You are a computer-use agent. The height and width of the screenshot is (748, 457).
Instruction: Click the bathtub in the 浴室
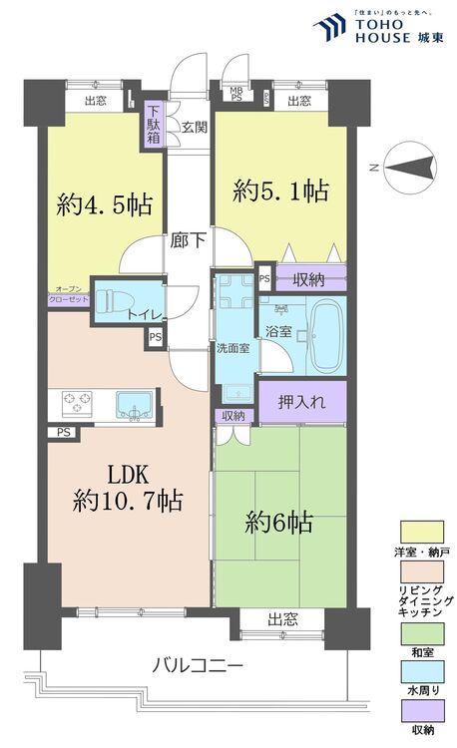point(326,336)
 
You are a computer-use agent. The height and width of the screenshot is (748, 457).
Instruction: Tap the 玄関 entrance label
point(195,128)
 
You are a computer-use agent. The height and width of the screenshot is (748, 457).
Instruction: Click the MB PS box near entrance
point(236,96)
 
